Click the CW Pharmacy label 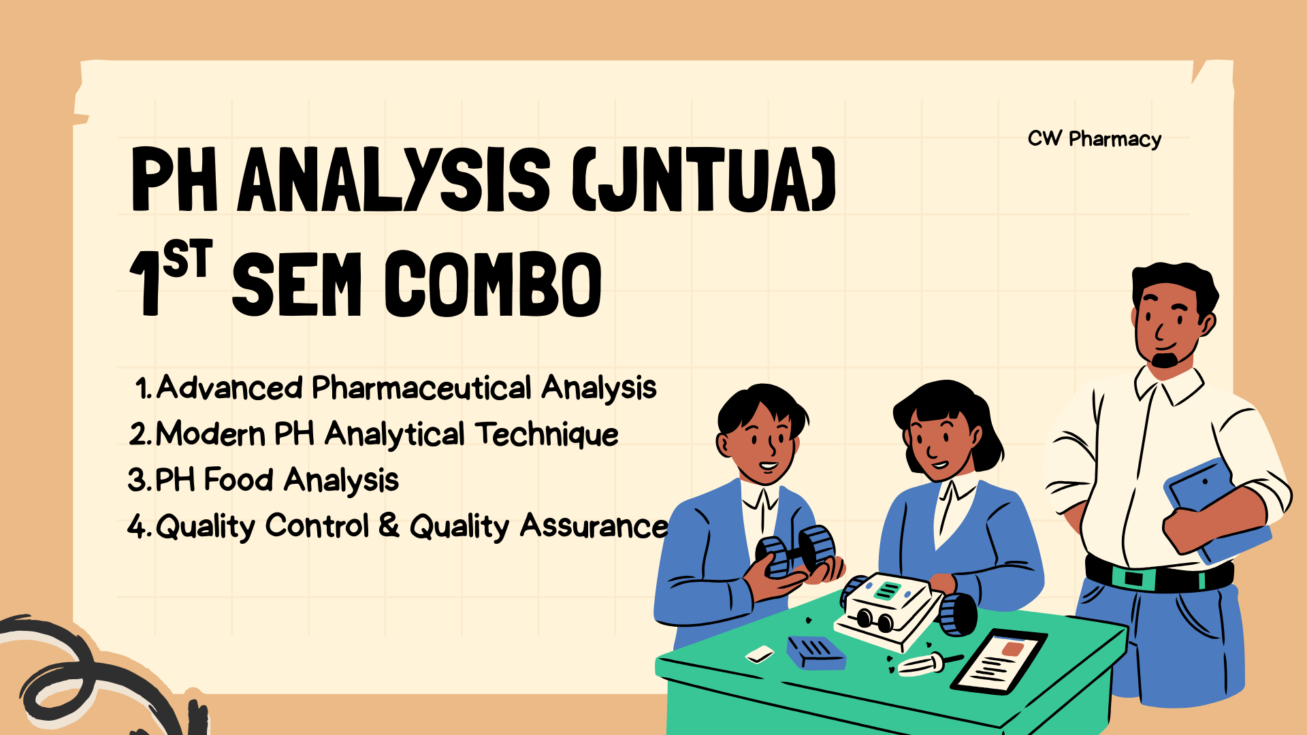1094,139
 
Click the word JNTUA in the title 705,179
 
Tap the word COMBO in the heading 494,284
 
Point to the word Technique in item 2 547,435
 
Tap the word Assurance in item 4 594,526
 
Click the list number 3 137,480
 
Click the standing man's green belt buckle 1133,578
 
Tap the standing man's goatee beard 1165,359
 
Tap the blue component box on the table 816,652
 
